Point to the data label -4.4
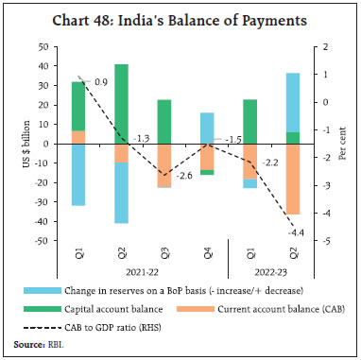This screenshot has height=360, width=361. coord(294,233)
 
